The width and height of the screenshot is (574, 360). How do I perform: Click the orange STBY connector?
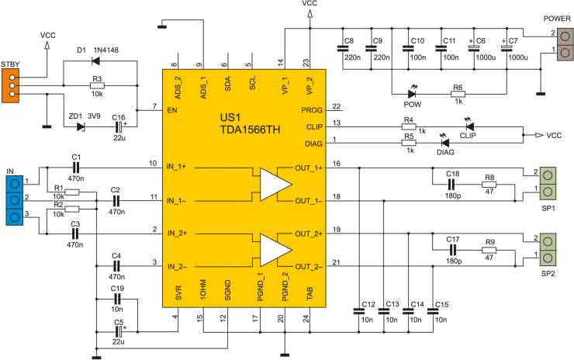[x=10, y=85]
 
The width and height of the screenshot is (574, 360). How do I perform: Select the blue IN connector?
[x=15, y=200]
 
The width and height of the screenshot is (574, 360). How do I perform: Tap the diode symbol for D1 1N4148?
[x=96, y=61]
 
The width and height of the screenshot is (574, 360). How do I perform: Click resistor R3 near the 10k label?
[x=97, y=85]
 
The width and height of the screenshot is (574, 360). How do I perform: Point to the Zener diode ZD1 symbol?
[x=81, y=127]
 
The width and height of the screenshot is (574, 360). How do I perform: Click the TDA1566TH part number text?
[x=251, y=130]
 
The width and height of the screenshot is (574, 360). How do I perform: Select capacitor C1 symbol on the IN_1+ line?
[x=76, y=168]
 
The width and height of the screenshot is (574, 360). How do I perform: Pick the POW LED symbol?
[x=412, y=94]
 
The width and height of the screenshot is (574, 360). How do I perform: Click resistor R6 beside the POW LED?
[x=458, y=94]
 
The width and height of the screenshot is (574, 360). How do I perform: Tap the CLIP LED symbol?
[x=469, y=126]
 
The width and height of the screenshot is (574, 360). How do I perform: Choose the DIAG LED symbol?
[x=444, y=143]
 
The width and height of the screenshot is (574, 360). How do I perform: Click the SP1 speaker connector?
[x=548, y=183]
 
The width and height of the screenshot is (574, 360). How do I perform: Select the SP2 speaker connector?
[x=548, y=249]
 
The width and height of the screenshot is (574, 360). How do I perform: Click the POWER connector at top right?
[x=565, y=44]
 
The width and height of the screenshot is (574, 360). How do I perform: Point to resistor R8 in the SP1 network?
[x=489, y=184]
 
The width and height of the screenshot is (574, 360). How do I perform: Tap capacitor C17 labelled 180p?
[x=453, y=250]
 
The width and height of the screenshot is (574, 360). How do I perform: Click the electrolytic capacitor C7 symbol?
[x=507, y=48]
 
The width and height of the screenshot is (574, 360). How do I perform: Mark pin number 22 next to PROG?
[x=337, y=106]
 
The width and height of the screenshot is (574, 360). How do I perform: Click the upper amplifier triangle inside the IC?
[x=275, y=185]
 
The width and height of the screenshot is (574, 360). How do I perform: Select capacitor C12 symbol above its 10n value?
[x=358, y=311]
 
